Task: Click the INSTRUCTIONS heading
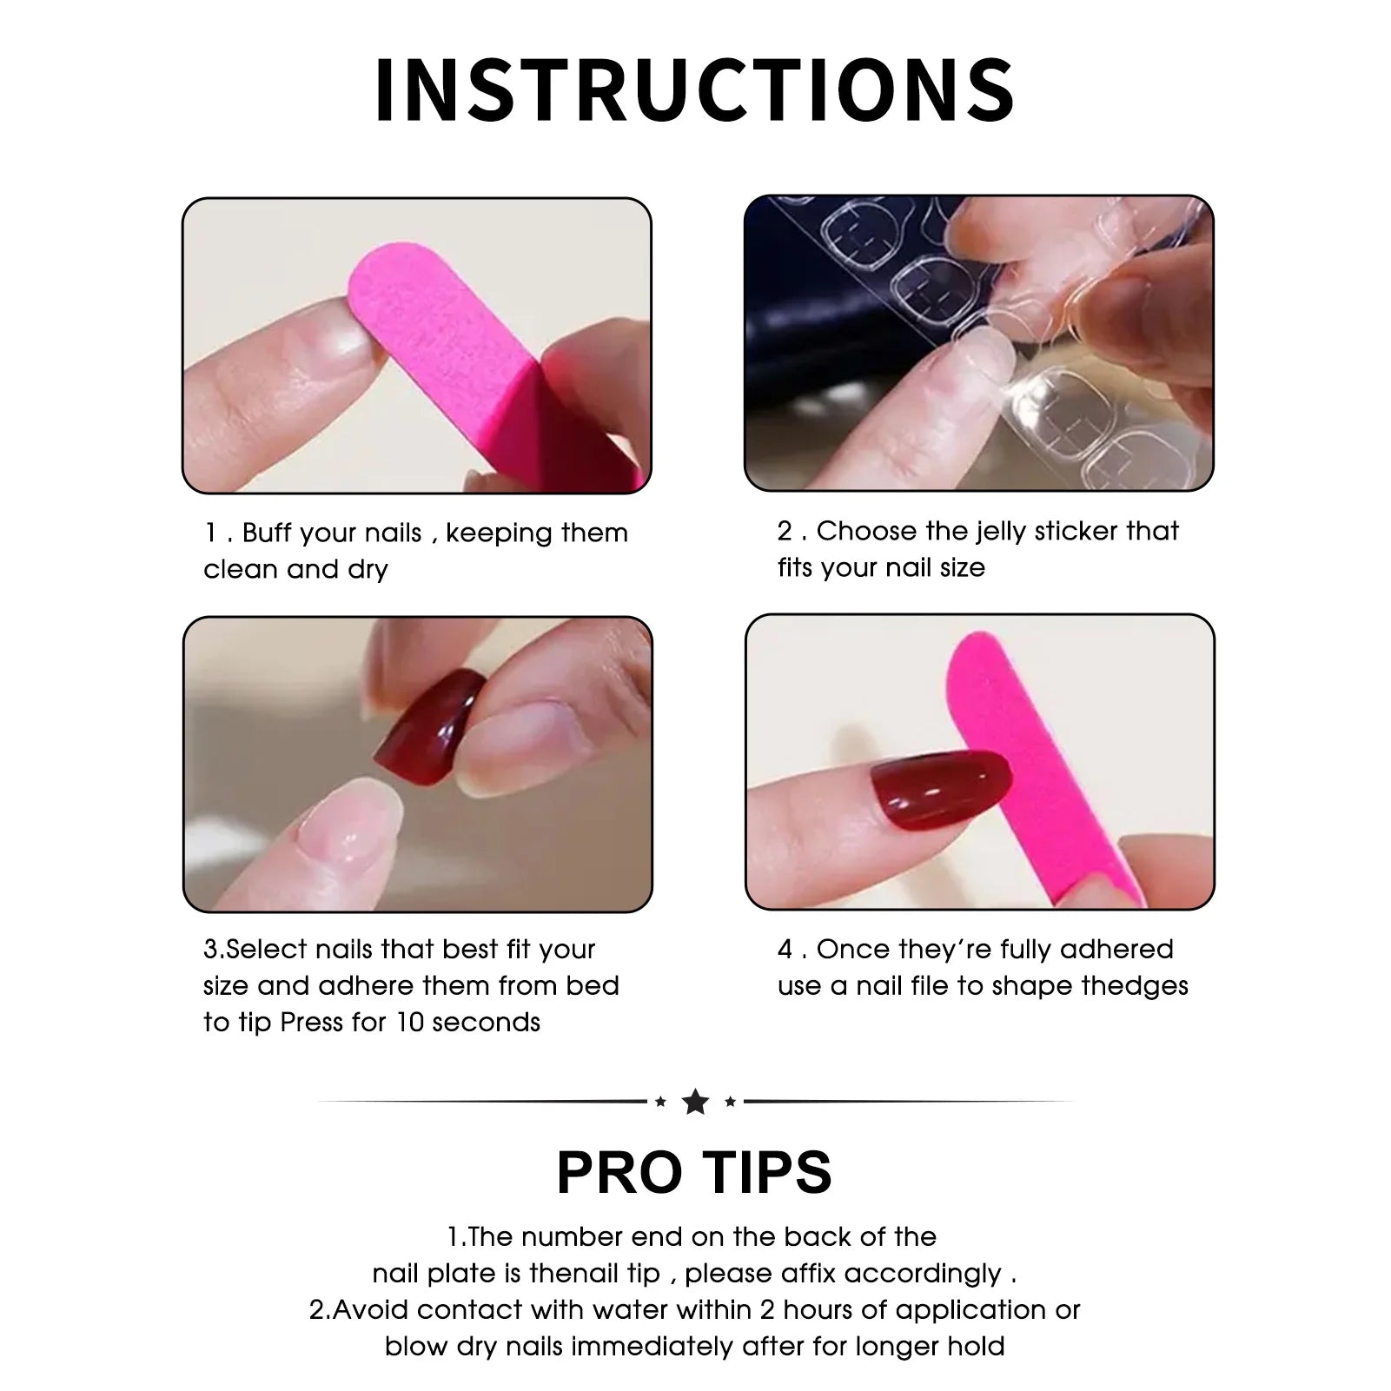[x=695, y=89]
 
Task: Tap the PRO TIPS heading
[x=694, y=1173]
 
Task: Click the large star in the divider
[x=695, y=1102]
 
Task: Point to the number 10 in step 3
[x=409, y=1022]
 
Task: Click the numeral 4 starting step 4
[x=785, y=949]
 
